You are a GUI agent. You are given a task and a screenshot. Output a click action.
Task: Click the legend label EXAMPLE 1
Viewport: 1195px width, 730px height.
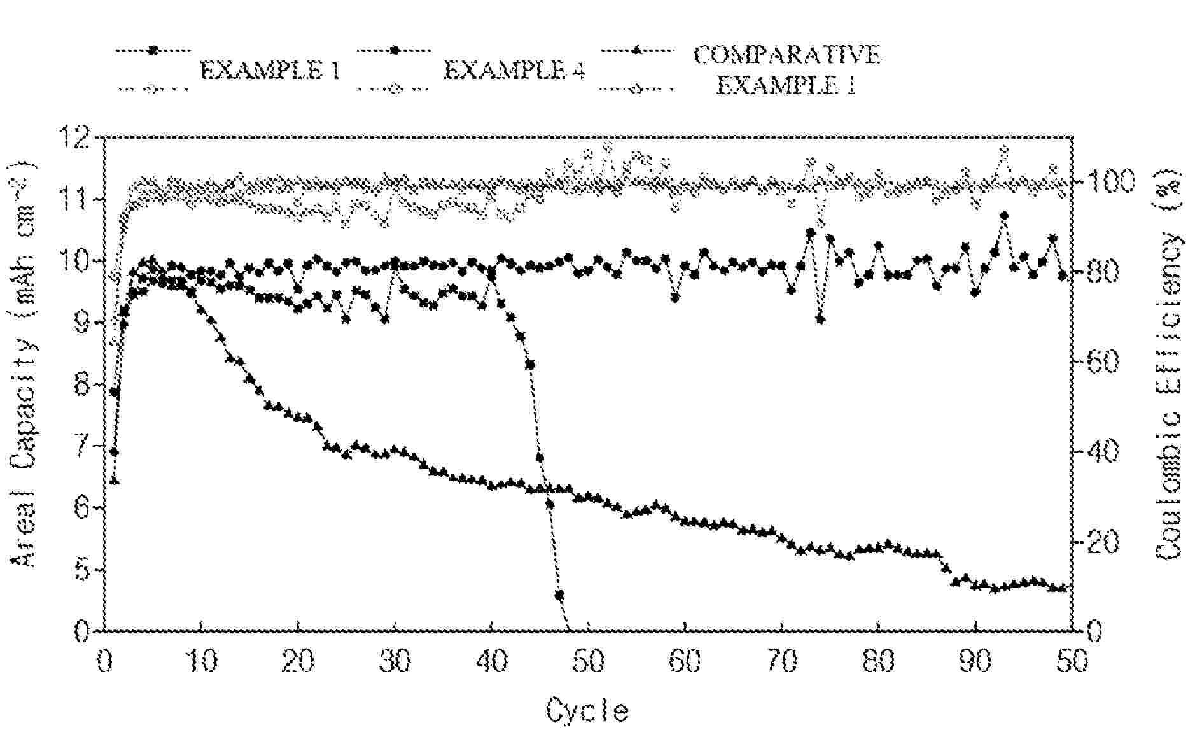270,70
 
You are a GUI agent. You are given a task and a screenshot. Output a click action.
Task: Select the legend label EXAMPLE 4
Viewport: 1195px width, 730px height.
514,70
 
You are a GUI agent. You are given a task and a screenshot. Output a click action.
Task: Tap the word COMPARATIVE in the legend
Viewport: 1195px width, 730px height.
787,55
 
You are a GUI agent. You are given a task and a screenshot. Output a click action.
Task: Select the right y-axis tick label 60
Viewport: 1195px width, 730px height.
1102,362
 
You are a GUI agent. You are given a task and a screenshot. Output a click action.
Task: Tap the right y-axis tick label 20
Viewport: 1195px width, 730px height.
1102,542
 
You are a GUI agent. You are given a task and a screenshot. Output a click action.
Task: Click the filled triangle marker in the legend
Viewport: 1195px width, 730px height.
637,49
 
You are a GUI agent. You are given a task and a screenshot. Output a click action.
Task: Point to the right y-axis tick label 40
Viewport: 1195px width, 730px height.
1102,453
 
